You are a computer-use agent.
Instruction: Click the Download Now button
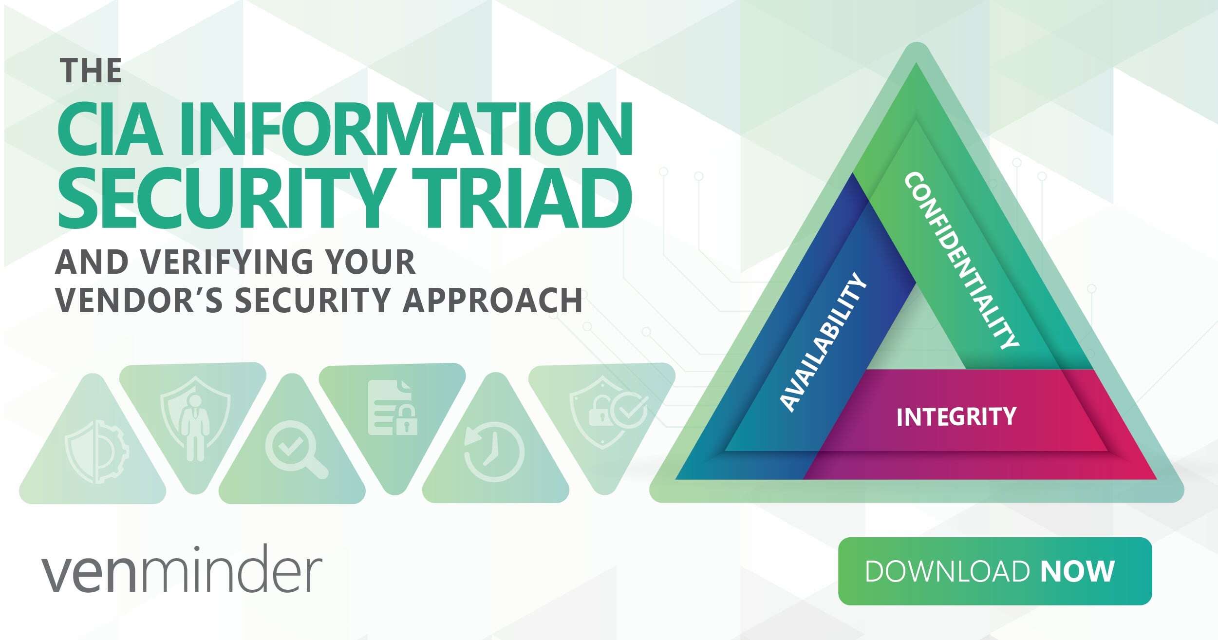click(994, 571)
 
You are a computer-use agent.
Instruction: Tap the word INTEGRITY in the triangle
click(956, 417)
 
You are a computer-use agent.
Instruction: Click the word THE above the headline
click(91, 71)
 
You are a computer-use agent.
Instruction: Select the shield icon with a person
click(195, 419)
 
